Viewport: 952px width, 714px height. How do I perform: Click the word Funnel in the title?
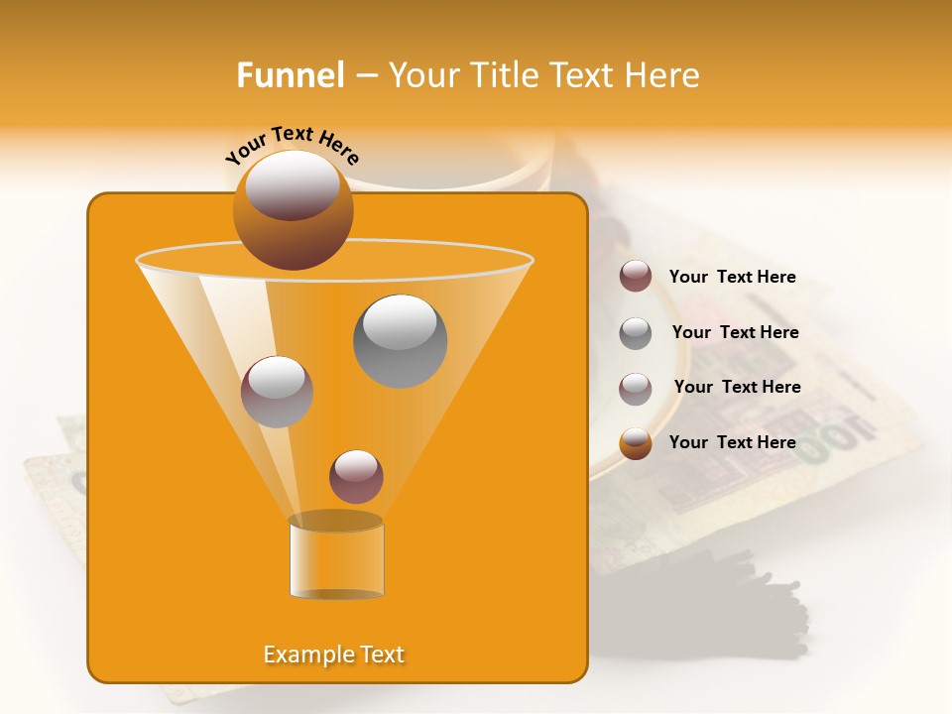click(x=290, y=75)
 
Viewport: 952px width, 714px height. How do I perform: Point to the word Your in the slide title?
click(x=422, y=75)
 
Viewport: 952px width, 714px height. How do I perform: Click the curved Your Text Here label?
click(x=293, y=143)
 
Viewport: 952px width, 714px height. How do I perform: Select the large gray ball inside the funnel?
click(x=400, y=341)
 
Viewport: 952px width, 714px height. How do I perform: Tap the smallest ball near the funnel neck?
click(x=356, y=476)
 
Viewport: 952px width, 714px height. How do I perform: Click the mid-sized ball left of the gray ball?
click(x=277, y=392)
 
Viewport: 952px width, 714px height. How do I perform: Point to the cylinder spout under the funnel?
click(x=336, y=558)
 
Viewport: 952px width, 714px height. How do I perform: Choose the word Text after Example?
click(x=381, y=654)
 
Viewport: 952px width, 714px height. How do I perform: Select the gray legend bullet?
click(x=636, y=333)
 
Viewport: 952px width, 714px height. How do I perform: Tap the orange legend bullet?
click(x=636, y=443)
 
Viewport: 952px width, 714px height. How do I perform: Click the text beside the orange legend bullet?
click(x=732, y=442)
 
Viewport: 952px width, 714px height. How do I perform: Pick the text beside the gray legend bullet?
click(x=735, y=332)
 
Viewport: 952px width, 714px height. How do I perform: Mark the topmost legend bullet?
click(x=636, y=277)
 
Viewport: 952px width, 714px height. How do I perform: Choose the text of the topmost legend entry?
click(x=732, y=277)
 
